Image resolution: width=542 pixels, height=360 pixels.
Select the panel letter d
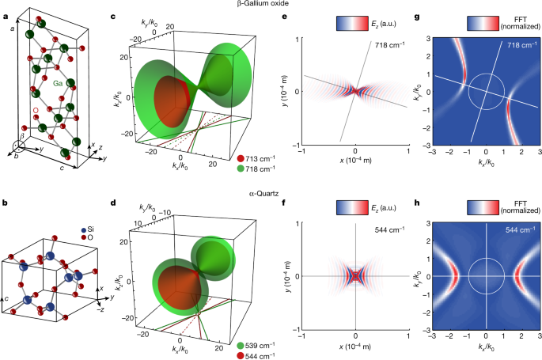pos(114,191)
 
